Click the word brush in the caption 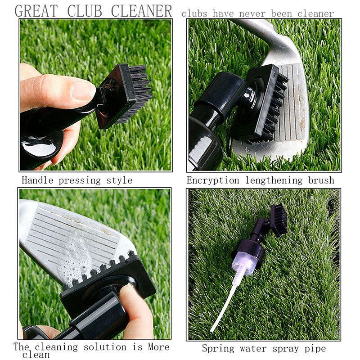(321, 180)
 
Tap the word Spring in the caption (217, 348)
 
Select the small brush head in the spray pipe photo (279, 219)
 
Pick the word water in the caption (253, 348)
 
